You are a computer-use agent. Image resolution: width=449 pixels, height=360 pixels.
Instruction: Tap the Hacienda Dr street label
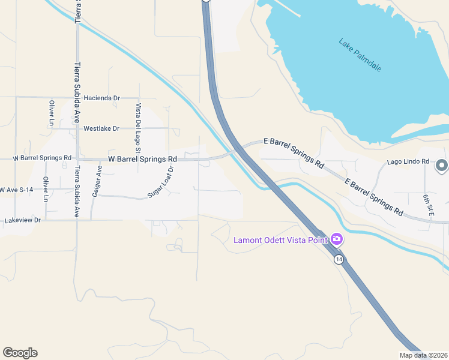pyautogui.click(x=102, y=98)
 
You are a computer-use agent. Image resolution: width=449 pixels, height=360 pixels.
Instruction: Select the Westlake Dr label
pyautogui.click(x=101, y=128)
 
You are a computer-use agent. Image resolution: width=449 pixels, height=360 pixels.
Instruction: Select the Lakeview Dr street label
pyautogui.click(x=22, y=220)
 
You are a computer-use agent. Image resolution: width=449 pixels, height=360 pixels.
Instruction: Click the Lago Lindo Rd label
pyautogui.click(x=408, y=161)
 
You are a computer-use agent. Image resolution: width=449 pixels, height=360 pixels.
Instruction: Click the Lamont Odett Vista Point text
pyautogui.click(x=280, y=241)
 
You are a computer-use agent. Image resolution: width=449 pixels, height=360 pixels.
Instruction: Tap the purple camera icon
pyautogui.click(x=337, y=239)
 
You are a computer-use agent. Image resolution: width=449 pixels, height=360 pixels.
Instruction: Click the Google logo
pyautogui.click(x=20, y=353)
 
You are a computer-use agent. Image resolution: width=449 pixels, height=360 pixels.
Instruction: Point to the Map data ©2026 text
pyautogui.click(x=423, y=355)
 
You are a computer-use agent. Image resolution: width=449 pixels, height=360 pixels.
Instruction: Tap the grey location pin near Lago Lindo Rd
pyautogui.click(x=442, y=165)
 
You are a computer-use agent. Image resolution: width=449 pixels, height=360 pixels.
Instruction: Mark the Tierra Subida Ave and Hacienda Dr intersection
pyautogui.click(x=77, y=97)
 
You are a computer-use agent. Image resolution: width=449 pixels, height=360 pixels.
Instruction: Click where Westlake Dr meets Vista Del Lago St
pyautogui.click(x=139, y=128)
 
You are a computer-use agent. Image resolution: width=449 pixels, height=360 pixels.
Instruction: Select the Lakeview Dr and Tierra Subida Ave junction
pyautogui.click(x=77, y=220)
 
